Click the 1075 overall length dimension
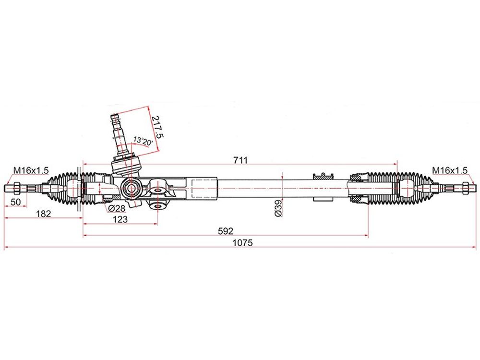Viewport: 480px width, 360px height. point(243,243)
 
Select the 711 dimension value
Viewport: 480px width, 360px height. point(240,160)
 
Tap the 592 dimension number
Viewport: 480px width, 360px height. point(226,231)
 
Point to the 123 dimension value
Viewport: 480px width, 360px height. point(120,219)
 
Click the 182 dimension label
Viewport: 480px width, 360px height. point(44,214)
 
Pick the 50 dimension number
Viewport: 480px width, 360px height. point(16,202)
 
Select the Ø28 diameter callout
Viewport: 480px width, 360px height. point(117,208)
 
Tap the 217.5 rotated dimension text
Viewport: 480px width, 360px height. point(157,127)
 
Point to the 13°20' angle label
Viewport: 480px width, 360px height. point(143,141)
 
